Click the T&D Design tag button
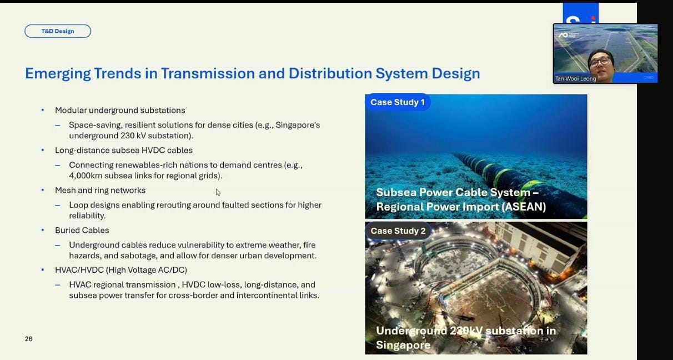point(58,31)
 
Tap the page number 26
point(28,339)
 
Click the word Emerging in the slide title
point(58,74)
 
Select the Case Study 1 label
point(398,102)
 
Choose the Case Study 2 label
point(398,231)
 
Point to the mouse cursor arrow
point(218,192)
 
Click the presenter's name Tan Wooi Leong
point(575,79)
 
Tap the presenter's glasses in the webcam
point(599,62)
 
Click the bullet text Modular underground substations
point(120,111)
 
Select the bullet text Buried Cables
point(82,230)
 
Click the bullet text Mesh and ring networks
point(100,190)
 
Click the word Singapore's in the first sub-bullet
point(298,125)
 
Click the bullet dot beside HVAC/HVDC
point(43,270)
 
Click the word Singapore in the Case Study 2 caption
point(403,345)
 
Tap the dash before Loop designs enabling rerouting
point(57,205)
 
